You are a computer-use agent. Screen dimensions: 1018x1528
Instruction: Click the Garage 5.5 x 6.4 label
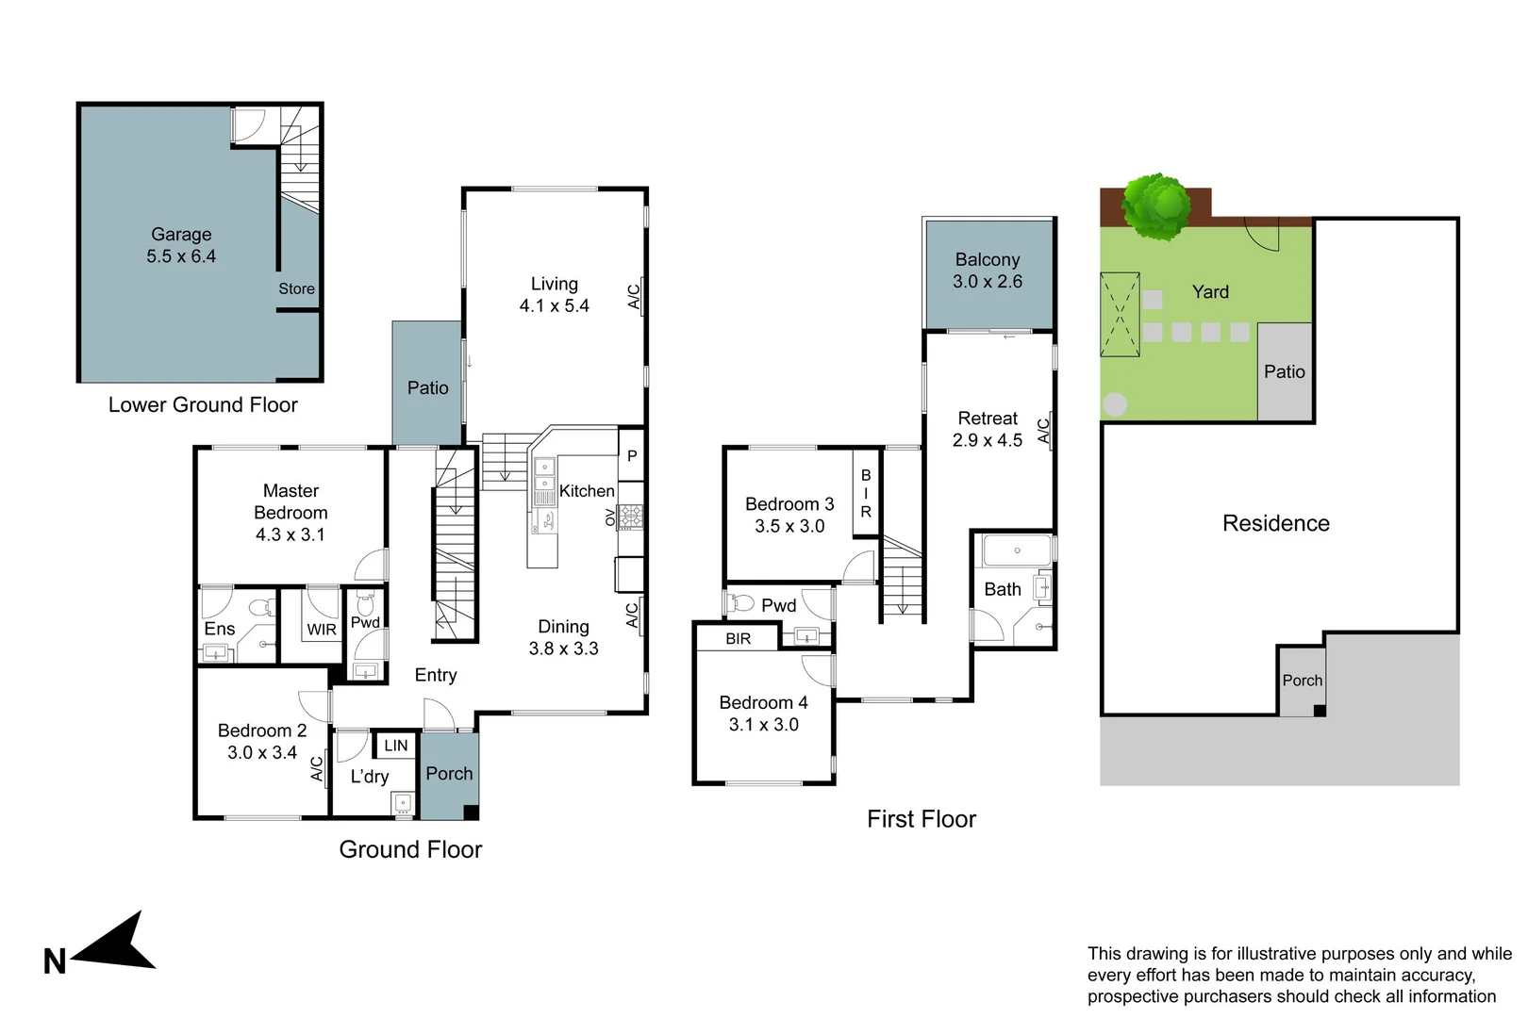(x=181, y=245)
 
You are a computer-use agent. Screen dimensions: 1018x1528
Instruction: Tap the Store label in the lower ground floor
(x=296, y=288)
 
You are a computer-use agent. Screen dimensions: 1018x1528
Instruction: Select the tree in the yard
(x=1157, y=206)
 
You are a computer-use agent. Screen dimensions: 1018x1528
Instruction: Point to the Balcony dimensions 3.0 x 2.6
(x=987, y=282)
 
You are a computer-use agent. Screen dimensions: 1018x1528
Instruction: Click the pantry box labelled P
(x=632, y=455)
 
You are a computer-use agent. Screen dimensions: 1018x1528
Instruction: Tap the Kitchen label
(x=587, y=490)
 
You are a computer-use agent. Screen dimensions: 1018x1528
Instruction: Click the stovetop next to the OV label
(x=630, y=516)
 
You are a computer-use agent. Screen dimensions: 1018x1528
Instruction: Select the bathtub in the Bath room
(x=1017, y=550)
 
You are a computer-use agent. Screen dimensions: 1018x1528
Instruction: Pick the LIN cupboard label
(x=396, y=745)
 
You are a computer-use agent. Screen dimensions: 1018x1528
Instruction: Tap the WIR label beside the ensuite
(x=322, y=630)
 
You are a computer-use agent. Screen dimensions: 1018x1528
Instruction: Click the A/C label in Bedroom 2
(x=318, y=768)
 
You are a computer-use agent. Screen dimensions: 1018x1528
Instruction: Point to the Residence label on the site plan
(x=1275, y=523)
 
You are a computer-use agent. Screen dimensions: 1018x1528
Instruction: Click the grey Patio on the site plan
(x=1285, y=372)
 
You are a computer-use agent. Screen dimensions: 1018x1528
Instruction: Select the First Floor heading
(x=921, y=819)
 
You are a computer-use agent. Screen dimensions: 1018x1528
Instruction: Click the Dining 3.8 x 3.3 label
(x=563, y=637)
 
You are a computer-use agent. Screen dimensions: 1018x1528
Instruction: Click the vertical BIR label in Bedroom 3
(x=866, y=493)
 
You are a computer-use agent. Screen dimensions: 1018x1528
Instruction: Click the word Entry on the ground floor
(x=436, y=675)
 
